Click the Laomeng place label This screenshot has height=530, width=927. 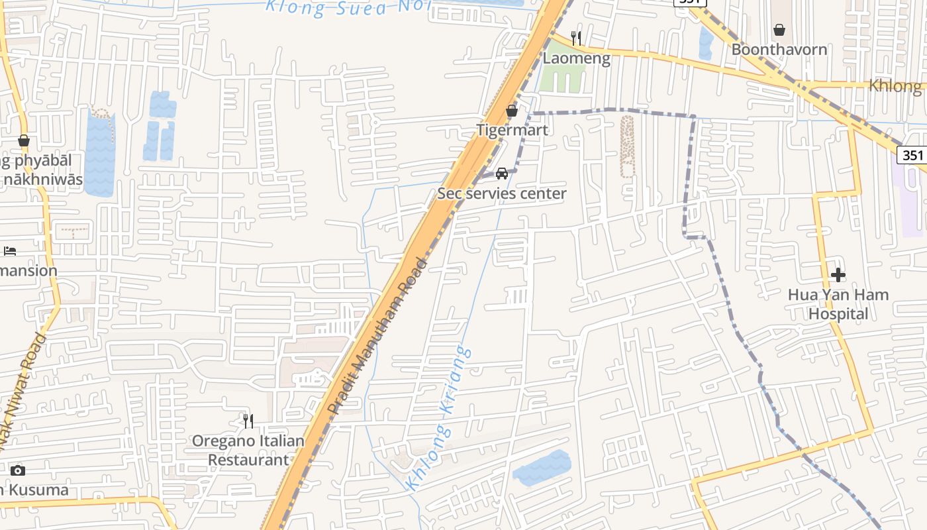(x=576, y=58)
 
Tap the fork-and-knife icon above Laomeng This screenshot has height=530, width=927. (x=576, y=38)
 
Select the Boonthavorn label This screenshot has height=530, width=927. (x=779, y=50)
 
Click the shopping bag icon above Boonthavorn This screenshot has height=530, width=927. (x=779, y=30)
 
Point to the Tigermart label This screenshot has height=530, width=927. (x=512, y=130)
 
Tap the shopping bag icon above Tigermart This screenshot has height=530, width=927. (x=512, y=111)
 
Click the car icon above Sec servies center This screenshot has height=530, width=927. (x=502, y=174)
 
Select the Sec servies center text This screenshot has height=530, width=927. (x=502, y=193)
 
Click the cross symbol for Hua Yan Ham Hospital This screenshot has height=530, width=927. (x=838, y=274)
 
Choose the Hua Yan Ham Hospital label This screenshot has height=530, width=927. (x=838, y=304)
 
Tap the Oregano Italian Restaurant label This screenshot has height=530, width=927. (x=248, y=450)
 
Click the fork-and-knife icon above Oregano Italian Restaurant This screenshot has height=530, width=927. (x=248, y=421)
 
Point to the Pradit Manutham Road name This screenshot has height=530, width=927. (x=378, y=336)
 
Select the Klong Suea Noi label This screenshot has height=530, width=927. (x=348, y=7)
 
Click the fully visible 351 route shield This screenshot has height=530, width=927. (x=912, y=155)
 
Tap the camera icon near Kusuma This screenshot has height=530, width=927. (x=18, y=470)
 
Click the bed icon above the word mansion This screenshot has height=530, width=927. (x=10, y=251)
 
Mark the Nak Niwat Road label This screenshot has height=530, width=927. (x=25, y=391)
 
